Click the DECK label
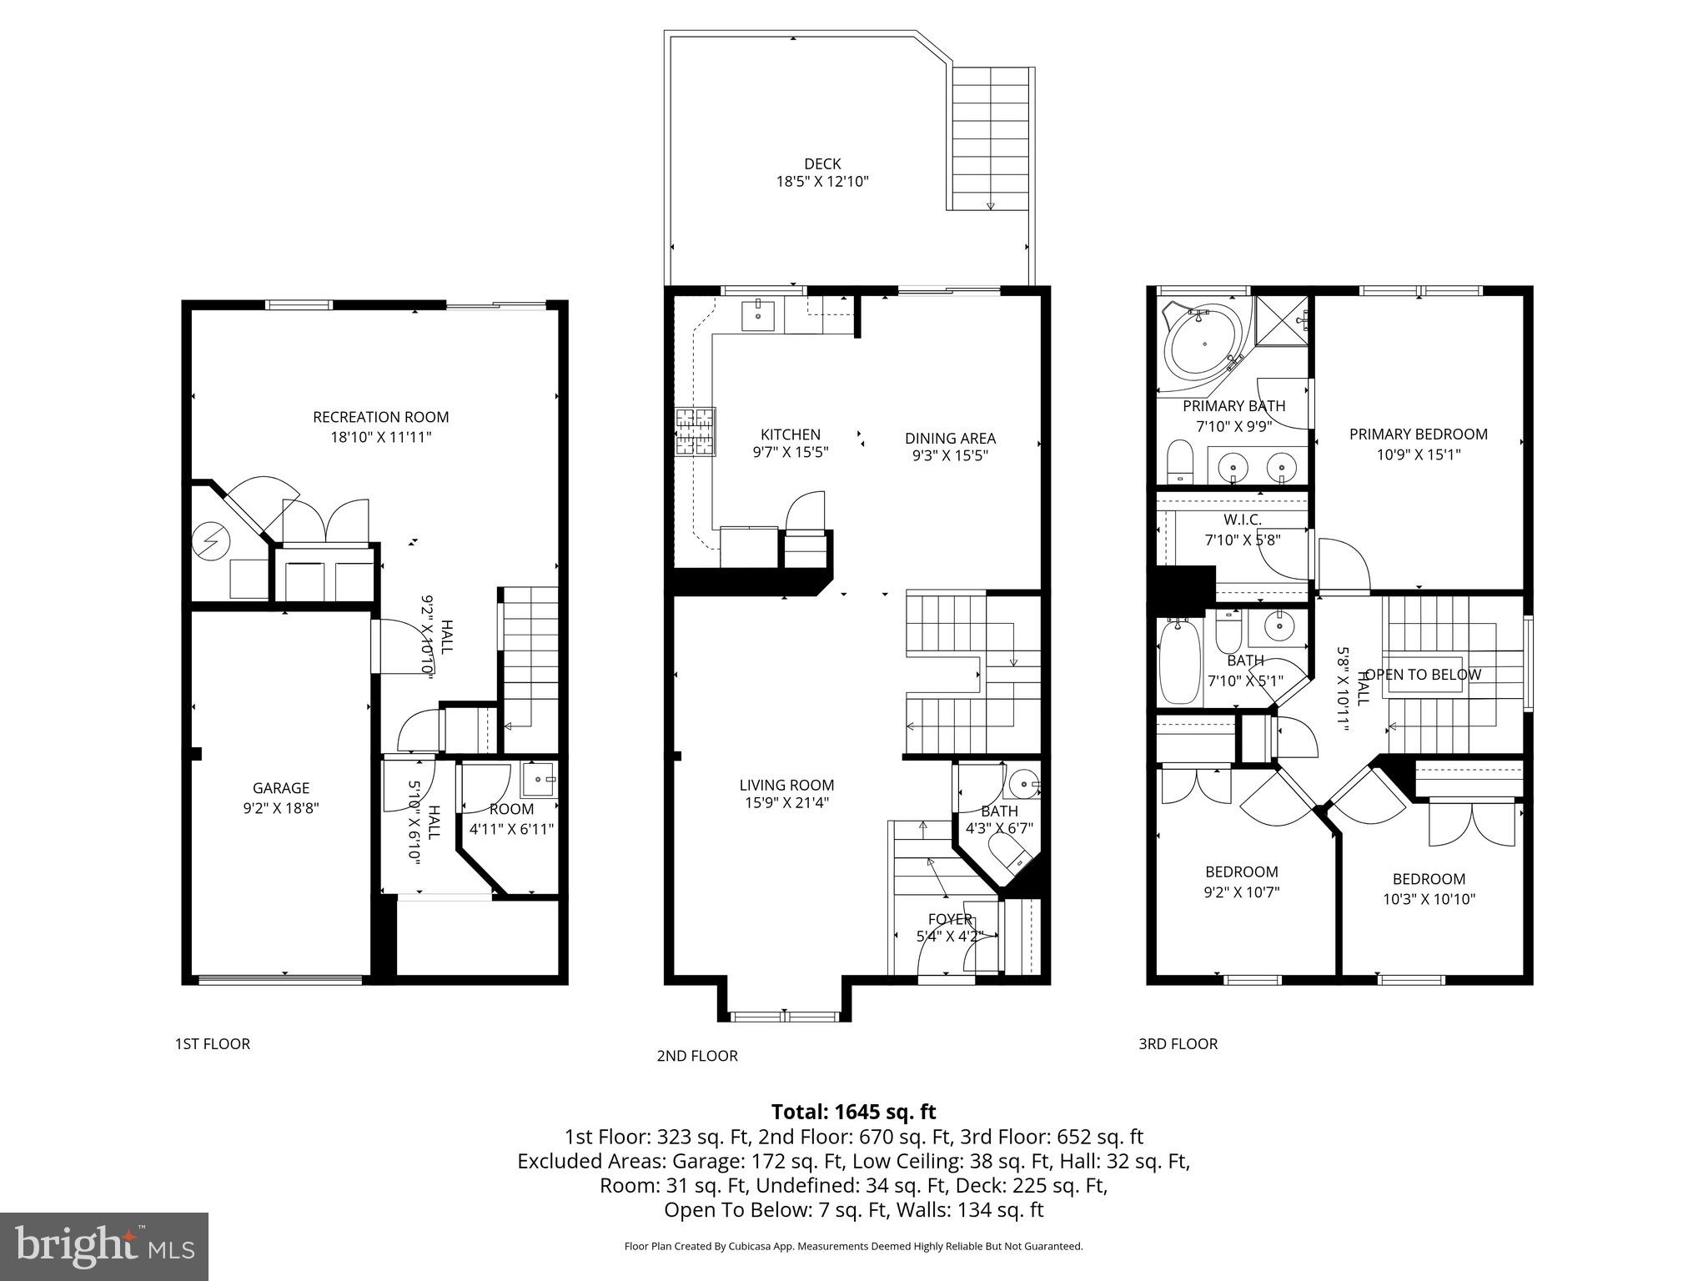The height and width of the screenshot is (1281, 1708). coord(822,164)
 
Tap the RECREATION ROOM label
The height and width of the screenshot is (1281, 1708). coord(380,417)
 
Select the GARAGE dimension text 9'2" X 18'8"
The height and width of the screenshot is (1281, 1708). coord(281,807)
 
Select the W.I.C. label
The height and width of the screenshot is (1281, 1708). coord(1242,520)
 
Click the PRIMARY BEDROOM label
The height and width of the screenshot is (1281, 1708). coord(1418,434)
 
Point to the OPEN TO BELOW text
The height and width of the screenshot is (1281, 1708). coord(1423,674)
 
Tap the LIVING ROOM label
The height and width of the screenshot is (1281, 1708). coord(786,785)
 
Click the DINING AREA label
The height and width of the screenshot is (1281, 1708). coord(950,438)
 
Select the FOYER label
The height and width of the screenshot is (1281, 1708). coord(950,919)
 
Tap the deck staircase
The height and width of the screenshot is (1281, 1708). coord(991,138)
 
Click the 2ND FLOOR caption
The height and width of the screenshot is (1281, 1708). coord(697,1056)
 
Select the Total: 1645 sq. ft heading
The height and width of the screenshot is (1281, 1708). coord(853,1112)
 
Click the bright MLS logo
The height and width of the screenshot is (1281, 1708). coord(103,1246)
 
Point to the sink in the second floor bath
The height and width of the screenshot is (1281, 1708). coord(1022,785)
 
